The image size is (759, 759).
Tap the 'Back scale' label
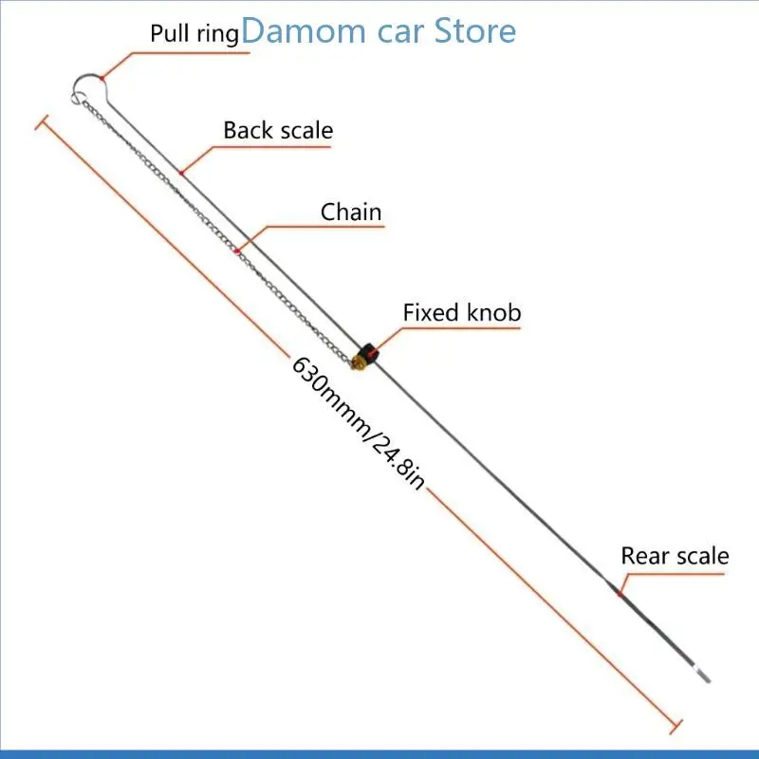coord(278,130)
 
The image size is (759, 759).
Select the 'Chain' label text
coord(351,212)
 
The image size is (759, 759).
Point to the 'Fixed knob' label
coord(462,312)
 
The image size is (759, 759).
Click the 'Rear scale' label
coord(675,556)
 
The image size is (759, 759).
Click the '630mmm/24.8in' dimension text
coord(358,422)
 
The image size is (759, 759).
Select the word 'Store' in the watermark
coord(474,30)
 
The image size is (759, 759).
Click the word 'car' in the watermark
coord(399,30)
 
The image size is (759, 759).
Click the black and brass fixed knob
coord(365,354)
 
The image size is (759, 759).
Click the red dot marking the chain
coord(235,251)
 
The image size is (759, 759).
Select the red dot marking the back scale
coord(180,173)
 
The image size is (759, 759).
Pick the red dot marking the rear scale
coord(618,595)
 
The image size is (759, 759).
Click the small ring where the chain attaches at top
coord(77,95)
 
